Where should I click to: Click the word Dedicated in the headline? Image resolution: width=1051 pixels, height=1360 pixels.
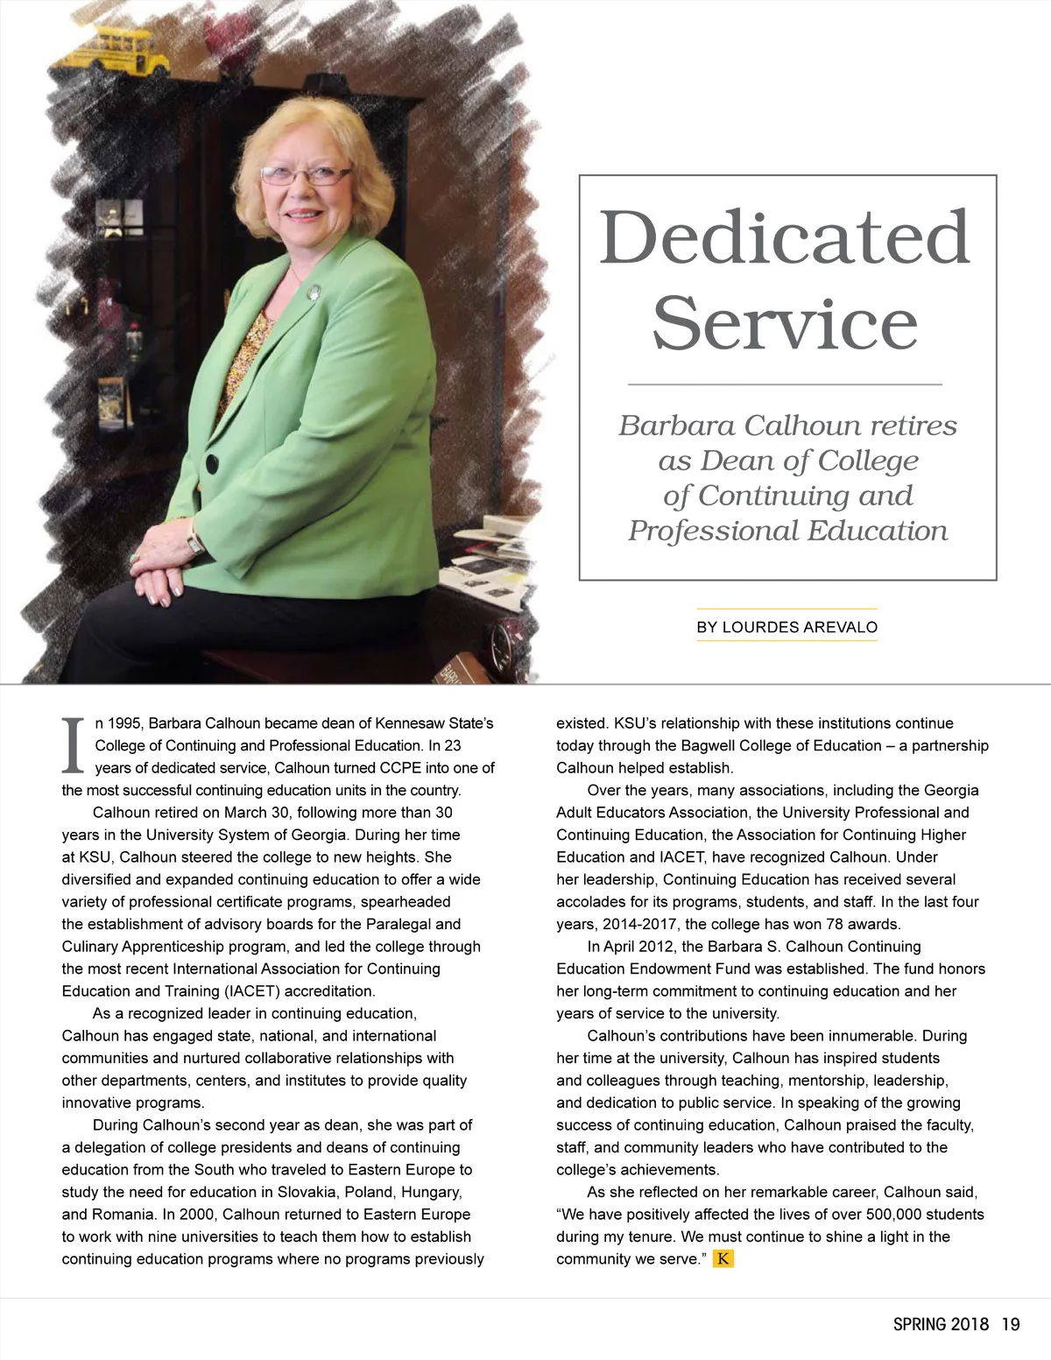[x=785, y=237]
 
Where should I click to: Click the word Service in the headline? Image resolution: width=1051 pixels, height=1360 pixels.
[x=785, y=323]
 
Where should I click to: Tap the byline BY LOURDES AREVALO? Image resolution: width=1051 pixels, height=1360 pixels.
[x=786, y=627]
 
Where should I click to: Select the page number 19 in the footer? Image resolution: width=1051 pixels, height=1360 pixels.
[x=1011, y=1324]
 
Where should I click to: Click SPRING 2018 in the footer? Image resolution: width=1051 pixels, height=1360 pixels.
[x=941, y=1324]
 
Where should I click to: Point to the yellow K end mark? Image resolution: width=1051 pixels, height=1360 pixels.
[x=723, y=1259]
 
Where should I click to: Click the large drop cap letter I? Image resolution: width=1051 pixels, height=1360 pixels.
[x=74, y=746]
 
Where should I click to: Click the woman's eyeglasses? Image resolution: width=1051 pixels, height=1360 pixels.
[x=305, y=174]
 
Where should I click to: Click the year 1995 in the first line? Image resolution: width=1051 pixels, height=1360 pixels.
[x=125, y=723]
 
